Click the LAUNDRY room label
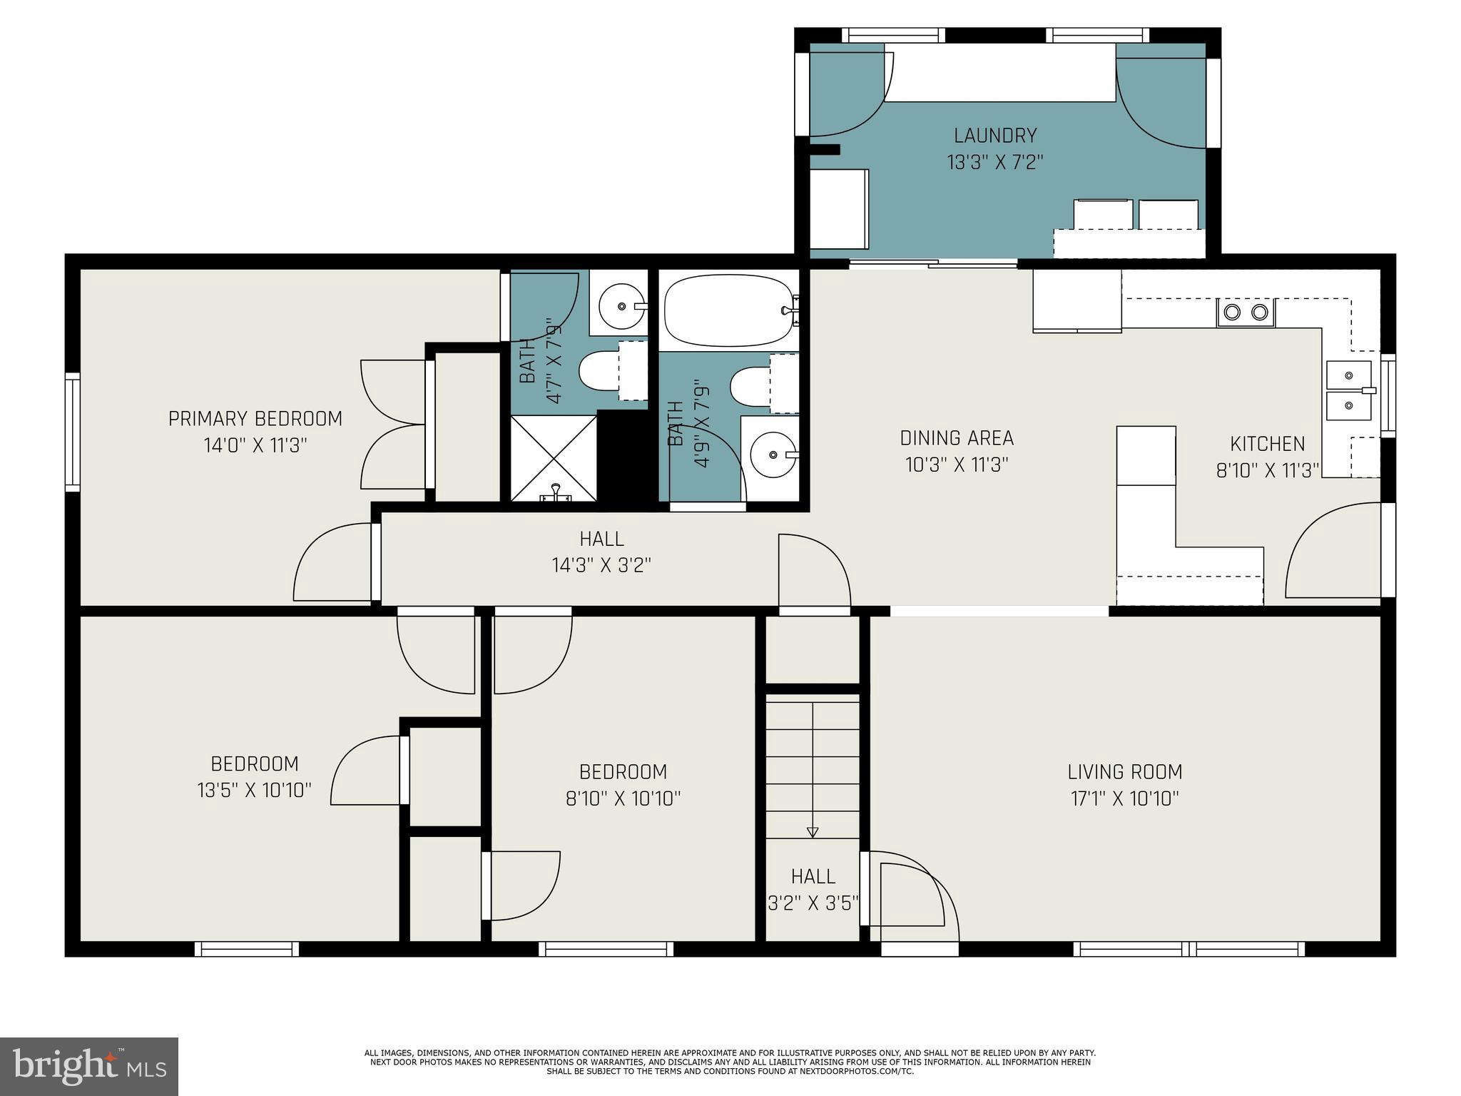994,135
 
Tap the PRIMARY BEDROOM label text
255,418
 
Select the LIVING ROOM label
1124,771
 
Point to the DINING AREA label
957,437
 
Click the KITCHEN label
1267,444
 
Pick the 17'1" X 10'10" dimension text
1124,798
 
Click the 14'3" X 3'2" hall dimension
601,565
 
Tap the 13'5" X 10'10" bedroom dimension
254,790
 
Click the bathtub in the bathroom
730,310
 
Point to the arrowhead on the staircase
812,831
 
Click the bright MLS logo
89,1067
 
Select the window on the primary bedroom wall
72,432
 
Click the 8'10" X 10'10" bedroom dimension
623,798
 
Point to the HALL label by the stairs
813,876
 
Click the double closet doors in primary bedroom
393,425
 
